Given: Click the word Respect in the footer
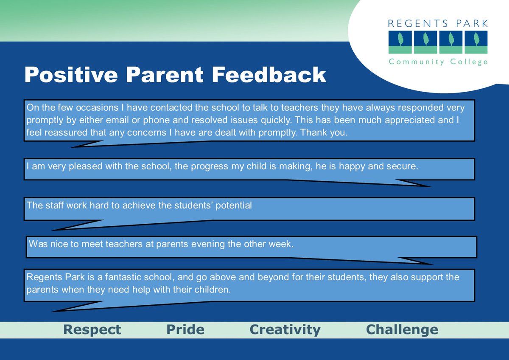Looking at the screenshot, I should click(x=92, y=329).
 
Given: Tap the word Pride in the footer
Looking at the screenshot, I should click(x=185, y=329).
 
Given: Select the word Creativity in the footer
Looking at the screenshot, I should click(x=285, y=329).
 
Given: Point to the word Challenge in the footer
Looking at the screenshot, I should click(x=402, y=329).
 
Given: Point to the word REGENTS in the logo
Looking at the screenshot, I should click(x=418, y=23).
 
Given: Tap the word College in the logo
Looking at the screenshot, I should click(x=470, y=62).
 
